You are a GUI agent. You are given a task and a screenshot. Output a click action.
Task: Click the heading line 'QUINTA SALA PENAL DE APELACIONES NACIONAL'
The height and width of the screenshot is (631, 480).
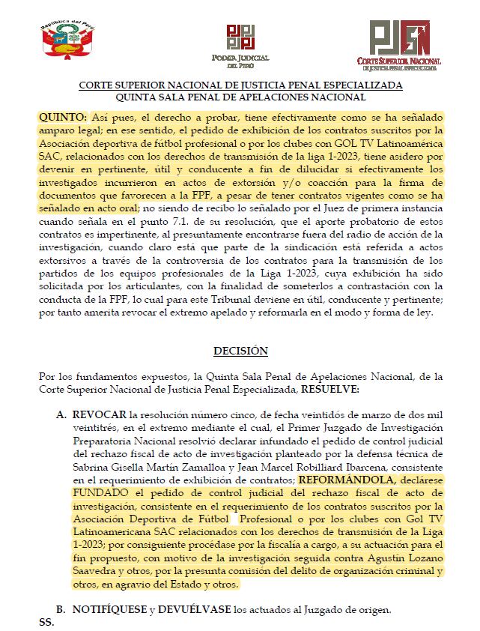(240, 97)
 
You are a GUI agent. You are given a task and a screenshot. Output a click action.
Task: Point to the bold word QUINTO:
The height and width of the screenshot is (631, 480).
(63, 118)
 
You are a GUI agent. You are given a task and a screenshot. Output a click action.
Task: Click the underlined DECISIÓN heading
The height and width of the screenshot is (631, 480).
(240, 351)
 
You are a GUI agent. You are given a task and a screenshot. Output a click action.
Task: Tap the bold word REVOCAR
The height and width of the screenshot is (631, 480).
(98, 414)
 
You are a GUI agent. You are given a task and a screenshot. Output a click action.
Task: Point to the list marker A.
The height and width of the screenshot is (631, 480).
(61, 414)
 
